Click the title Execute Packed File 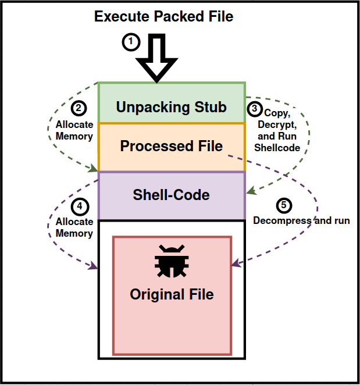click(163, 16)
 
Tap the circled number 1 click(131, 42)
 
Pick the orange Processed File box click(171, 147)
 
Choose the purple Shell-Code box click(171, 195)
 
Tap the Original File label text click(172, 294)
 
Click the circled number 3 click(254, 109)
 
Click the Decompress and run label click(301, 221)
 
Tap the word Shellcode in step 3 click(277, 148)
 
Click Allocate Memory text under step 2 click(74, 130)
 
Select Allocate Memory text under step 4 click(74, 227)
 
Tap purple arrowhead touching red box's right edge click(236, 265)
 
